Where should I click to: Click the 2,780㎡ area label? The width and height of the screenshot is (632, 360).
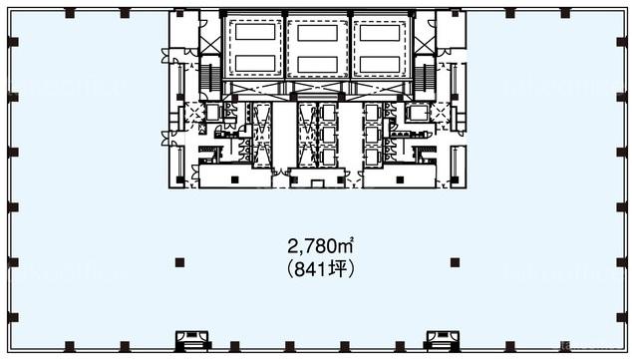320,245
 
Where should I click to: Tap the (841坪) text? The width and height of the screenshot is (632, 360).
321,269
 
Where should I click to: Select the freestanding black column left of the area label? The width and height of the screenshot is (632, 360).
179,263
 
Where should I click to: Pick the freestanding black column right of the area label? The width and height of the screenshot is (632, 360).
455,263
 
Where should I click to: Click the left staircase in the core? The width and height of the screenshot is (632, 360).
210,78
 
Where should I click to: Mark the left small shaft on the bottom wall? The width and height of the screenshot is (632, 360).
192,339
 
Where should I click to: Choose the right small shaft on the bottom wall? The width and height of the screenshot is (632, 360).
443,339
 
